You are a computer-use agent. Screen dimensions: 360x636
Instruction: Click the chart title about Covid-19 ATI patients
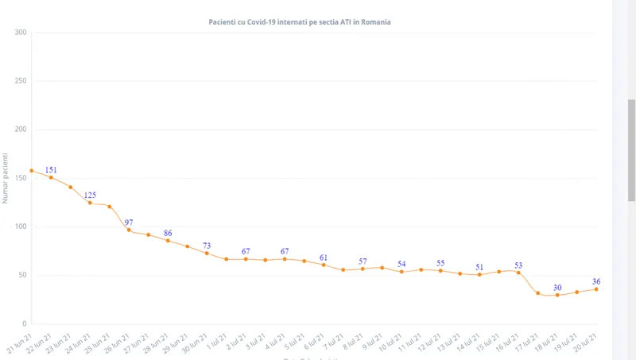pyautogui.click(x=322, y=22)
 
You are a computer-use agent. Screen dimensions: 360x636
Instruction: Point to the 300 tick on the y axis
pyautogui.click(x=21, y=33)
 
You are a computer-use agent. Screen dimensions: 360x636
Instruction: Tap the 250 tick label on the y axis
pyautogui.click(x=21, y=81)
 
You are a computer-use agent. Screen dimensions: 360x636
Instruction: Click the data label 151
pyautogui.click(x=51, y=169)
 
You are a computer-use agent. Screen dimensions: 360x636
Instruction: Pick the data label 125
pyautogui.click(x=90, y=195)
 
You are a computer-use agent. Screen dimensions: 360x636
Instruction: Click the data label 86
pyautogui.click(x=168, y=233)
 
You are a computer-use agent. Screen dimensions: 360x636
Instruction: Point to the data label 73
pyautogui.click(x=207, y=246)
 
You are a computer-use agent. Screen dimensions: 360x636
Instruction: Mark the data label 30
pyautogui.click(x=558, y=288)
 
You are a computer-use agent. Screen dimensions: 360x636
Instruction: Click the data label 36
pyautogui.click(x=596, y=281)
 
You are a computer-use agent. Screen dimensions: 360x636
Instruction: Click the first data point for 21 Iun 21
pyautogui.click(x=32, y=171)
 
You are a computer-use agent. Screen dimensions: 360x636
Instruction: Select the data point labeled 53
pyautogui.click(x=518, y=273)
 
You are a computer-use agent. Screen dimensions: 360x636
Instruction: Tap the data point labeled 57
pyautogui.click(x=363, y=269)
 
